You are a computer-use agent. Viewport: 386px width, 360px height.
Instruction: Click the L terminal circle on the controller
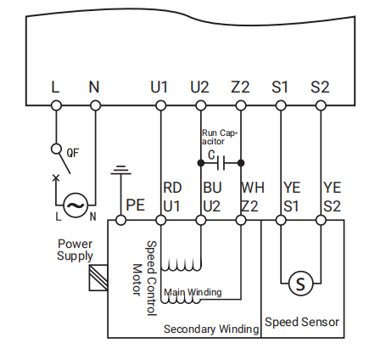(x=56, y=106)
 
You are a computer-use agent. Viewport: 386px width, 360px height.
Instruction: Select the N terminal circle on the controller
(x=95, y=106)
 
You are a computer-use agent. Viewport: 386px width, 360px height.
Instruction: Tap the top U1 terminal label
(x=159, y=87)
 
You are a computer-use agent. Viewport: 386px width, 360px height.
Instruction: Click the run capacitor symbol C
(x=221, y=163)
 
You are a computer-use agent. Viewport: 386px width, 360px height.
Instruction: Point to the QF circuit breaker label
(x=73, y=153)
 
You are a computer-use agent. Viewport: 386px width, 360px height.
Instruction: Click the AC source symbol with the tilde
(x=76, y=205)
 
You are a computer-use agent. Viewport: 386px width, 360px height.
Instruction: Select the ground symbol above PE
(x=120, y=170)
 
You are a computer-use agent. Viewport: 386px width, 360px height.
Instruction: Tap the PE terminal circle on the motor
(x=120, y=220)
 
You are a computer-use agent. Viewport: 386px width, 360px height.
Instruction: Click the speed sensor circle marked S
(x=300, y=283)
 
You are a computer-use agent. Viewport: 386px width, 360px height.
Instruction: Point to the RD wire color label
(x=172, y=188)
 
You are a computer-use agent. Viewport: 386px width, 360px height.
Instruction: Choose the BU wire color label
(x=212, y=188)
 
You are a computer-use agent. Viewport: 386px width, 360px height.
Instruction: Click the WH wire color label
(x=253, y=188)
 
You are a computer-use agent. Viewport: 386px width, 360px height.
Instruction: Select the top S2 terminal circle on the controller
(x=321, y=106)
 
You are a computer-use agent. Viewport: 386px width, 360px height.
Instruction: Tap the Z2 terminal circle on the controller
(x=241, y=106)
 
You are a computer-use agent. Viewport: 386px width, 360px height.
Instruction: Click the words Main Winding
(x=193, y=292)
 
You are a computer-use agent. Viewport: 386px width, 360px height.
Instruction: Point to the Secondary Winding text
(x=211, y=329)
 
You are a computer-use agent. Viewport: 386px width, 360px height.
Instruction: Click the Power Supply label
(x=75, y=250)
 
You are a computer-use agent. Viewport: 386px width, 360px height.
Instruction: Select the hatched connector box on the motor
(x=98, y=278)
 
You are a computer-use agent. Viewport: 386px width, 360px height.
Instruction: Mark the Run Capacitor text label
(x=220, y=138)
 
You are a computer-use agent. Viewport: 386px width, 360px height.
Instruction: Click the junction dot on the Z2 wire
(x=241, y=163)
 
